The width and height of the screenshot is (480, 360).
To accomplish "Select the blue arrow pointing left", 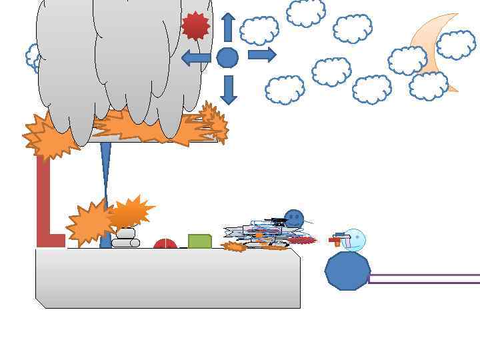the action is click(196, 58).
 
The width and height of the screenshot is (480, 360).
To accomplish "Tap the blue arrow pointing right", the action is click(261, 55).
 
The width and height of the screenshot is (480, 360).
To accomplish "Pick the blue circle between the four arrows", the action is click(227, 58).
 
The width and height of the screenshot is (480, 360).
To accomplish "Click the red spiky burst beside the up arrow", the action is click(195, 25).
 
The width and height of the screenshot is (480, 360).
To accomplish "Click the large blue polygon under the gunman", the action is click(347, 271).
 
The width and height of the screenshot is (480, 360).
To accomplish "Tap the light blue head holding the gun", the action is click(355, 237).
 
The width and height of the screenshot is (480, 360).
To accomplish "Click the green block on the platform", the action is click(199, 241).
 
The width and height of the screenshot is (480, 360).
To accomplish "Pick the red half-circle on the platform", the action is click(165, 245).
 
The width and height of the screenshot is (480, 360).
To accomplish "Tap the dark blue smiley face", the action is click(294, 218).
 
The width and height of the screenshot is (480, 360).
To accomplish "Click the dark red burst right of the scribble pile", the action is click(303, 240).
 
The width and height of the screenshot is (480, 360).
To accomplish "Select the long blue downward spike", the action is click(105, 173).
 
